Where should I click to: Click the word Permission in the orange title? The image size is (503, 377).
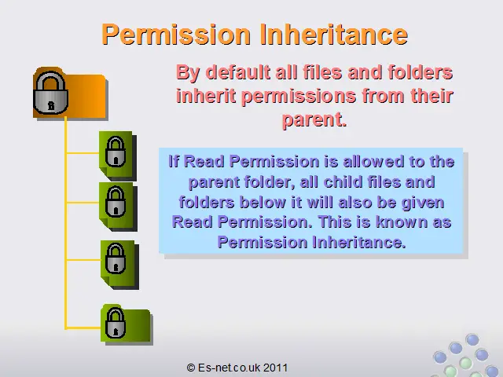coord(176,34)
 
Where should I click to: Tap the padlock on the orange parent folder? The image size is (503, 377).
coord(50,93)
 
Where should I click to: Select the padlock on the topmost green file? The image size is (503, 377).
coord(116,152)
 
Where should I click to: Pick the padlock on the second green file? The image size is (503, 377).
coord(116,202)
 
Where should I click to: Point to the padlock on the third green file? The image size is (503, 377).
coord(116,258)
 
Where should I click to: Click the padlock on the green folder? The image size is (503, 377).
coord(116,323)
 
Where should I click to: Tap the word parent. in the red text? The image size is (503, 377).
coord(314,120)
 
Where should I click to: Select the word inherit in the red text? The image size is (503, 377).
coord(206,96)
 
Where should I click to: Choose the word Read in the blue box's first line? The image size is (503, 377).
coord(204,161)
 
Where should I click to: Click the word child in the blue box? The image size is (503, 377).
coord(343,181)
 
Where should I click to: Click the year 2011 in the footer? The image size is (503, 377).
coord(275,368)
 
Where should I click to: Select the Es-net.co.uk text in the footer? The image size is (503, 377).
coord(229,368)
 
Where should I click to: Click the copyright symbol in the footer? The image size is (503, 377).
coord(191,368)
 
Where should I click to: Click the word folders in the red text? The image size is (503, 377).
coord(420,72)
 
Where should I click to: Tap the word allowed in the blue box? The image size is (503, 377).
coord(373,161)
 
